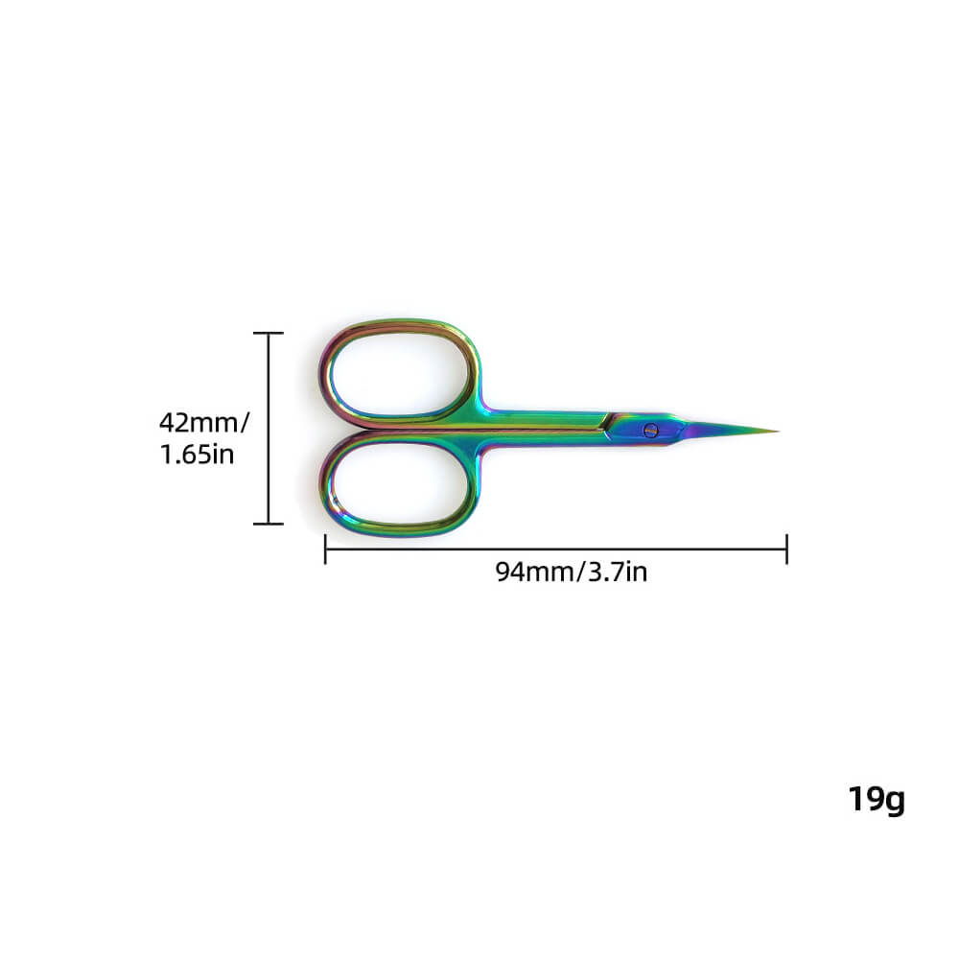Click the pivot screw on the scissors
click(x=651, y=430)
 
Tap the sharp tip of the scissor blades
click(x=775, y=431)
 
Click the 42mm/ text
click(x=204, y=421)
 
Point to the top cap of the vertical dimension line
click(x=269, y=333)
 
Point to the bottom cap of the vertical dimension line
click(x=269, y=524)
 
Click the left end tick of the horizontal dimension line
click(x=326, y=550)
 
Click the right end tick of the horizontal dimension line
click(x=786, y=550)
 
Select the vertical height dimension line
click(x=269, y=428)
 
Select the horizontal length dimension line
click(x=556, y=550)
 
